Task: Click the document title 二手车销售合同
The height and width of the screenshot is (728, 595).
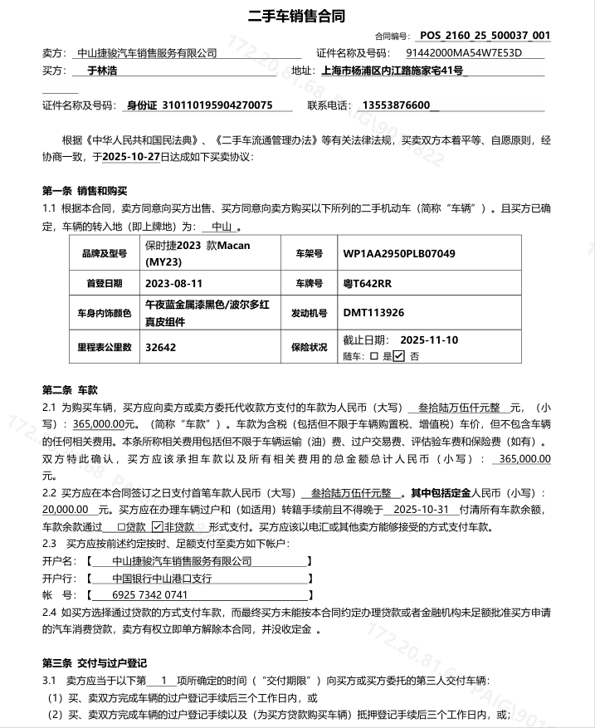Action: coord(297,16)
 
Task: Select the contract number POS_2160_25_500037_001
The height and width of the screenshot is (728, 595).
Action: coord(485,36)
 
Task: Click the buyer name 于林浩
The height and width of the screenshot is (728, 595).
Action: coord(101,71)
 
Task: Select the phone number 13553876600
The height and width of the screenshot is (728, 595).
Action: coord(397,105)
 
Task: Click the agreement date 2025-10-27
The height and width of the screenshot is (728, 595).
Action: coord(131,155)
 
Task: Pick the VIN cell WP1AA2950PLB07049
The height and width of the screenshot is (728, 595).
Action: coord(399,253)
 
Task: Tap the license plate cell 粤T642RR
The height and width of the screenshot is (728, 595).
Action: coord(367,283)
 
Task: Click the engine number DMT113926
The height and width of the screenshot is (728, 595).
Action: coord(373,313)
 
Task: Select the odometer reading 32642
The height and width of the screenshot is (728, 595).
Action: coord(160,348)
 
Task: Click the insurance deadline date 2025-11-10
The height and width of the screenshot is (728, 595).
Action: coord(429,340)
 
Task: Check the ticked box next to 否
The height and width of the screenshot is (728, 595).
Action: coord(399,356)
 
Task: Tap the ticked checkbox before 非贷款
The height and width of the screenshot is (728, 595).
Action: coord(157,526)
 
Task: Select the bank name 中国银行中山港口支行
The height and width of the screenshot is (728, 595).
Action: coord(163,578)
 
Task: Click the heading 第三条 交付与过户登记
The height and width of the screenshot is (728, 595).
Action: coord(94,662)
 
